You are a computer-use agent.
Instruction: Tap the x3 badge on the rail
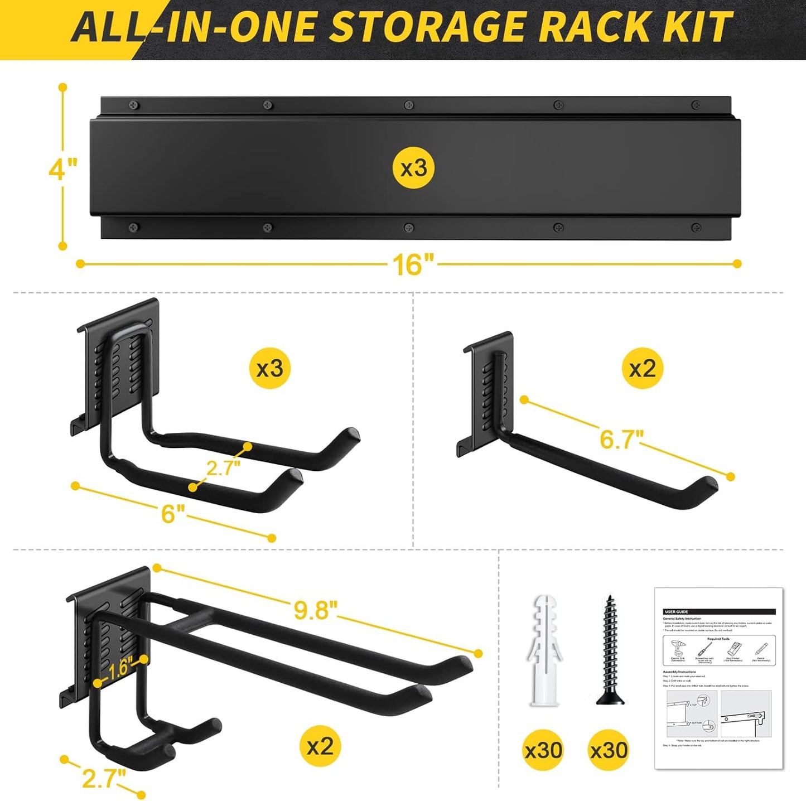click(x=413, y=167)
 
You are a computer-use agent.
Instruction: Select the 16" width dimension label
click(x=413, y=264)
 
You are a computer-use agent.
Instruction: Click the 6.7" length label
click(x=621, y=439)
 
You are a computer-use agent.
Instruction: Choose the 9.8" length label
click(x=316, y=610)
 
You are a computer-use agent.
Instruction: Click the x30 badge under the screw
click(x=609, y=750)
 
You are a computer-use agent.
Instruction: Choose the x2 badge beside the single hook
click(x=643, y=368)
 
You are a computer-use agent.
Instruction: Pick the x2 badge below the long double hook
click(x=320, y=746)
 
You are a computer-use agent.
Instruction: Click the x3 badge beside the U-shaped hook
click(x=270, y=368)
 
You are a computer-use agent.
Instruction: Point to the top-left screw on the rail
click(x=133, y=104)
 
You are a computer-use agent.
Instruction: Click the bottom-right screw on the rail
click(x=696, y=228)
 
